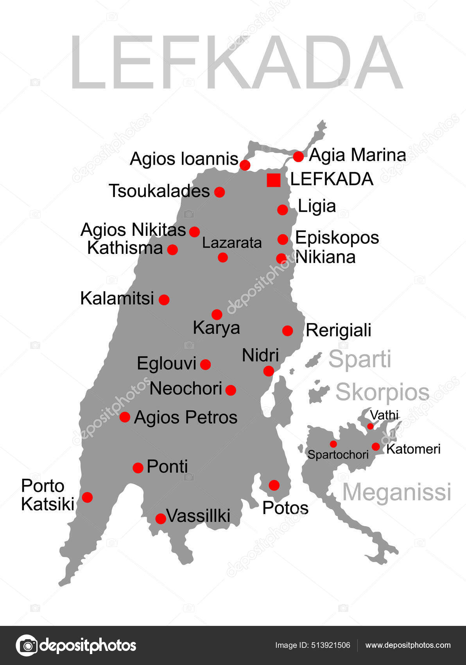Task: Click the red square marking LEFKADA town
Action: click(x=274, y=180)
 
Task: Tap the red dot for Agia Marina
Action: click(x=298, y=156)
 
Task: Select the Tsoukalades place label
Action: click(x=160, y=191)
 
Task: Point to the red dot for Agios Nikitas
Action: click(x=194, y=232)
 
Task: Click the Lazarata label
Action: click(x=232, y=243)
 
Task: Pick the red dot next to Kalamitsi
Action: click(x=164, y=300)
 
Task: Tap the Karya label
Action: click(x=216, y=328)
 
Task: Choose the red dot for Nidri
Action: click(x=269, y=371)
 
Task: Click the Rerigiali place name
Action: click(x=338, y=331)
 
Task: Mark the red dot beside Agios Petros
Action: click(x=125, y=417)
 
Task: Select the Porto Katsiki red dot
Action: click(x=87, y=497)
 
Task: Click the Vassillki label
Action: click(x=198, y=516)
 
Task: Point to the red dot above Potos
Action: click(x=274, y=485)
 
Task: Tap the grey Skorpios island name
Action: click(x=382, y=392)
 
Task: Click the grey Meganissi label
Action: click(x=396, y=492)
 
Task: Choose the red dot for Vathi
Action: click(x=370, y=426)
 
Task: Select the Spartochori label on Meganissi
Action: click(x=338, y=455)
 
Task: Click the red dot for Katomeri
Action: click(x=376, y=446)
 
